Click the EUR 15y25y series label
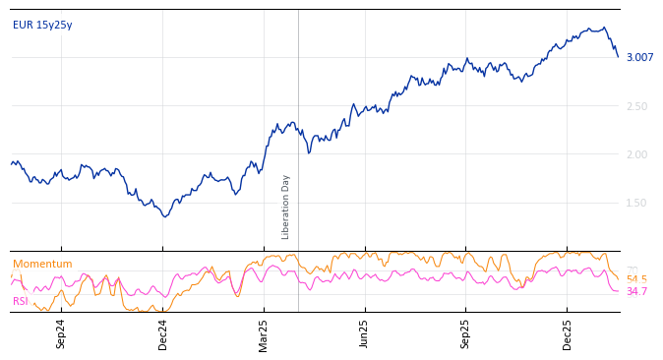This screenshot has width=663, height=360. pyautogui.click(x=42, y=25)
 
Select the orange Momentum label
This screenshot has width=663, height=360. pyautogui.click(x=42, y=264)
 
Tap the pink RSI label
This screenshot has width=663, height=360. pyautogui.click(x=21, y=301)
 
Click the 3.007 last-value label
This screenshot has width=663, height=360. pyautogui.click(x=639, y=57)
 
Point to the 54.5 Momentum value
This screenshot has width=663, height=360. pyautogui.click(x=636, y=279)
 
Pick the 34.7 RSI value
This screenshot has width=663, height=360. pyautogui.click(x=636, y=291)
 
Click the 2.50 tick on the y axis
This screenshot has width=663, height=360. pyautogui.click(x=638, y=106)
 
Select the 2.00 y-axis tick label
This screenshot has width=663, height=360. pyautogui.click(x=638, y=154)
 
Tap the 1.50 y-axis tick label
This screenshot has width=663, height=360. pyautogui.click(x=638, y=203)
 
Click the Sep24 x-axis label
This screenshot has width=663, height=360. pyautogui.click(x=61, y=333)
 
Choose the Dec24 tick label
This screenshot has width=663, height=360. pyautogui.click(x=163, y=333)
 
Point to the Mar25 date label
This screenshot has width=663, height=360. pyautogui.click(x=264, y=333)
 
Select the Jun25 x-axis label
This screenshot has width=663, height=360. pyautogui.click(x=364, y=333)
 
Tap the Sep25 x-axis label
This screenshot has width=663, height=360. pyautogui.click(x=465, y=333)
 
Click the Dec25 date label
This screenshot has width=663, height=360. pyautogui.click(x=568, y=333)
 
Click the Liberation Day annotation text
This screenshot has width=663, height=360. pyautogui.click(x=286, y=207)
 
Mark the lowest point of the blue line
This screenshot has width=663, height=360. pyautogui.click(x=165, y=216)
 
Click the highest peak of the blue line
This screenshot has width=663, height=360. pyautogui.click(x=604, y=28)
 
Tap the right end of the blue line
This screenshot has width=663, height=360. pyautogui.click(x=619, y=57)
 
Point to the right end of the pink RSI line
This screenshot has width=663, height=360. pyautogui.click(x=619, y=291)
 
